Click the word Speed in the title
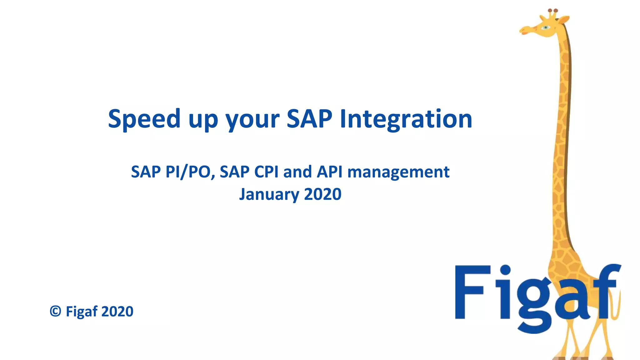click(x=144, y=119)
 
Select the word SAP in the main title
click(x=309, y=119)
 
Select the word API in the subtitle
click(x=330, y=172)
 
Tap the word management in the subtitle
click(x=398, y=172)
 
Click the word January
click(x=269, y=194)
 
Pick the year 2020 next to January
click(x=322, y=194)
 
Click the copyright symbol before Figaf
click(x=56, y=311)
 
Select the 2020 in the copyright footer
click(x=117, y=312)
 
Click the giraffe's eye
click(x=546, y=27)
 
